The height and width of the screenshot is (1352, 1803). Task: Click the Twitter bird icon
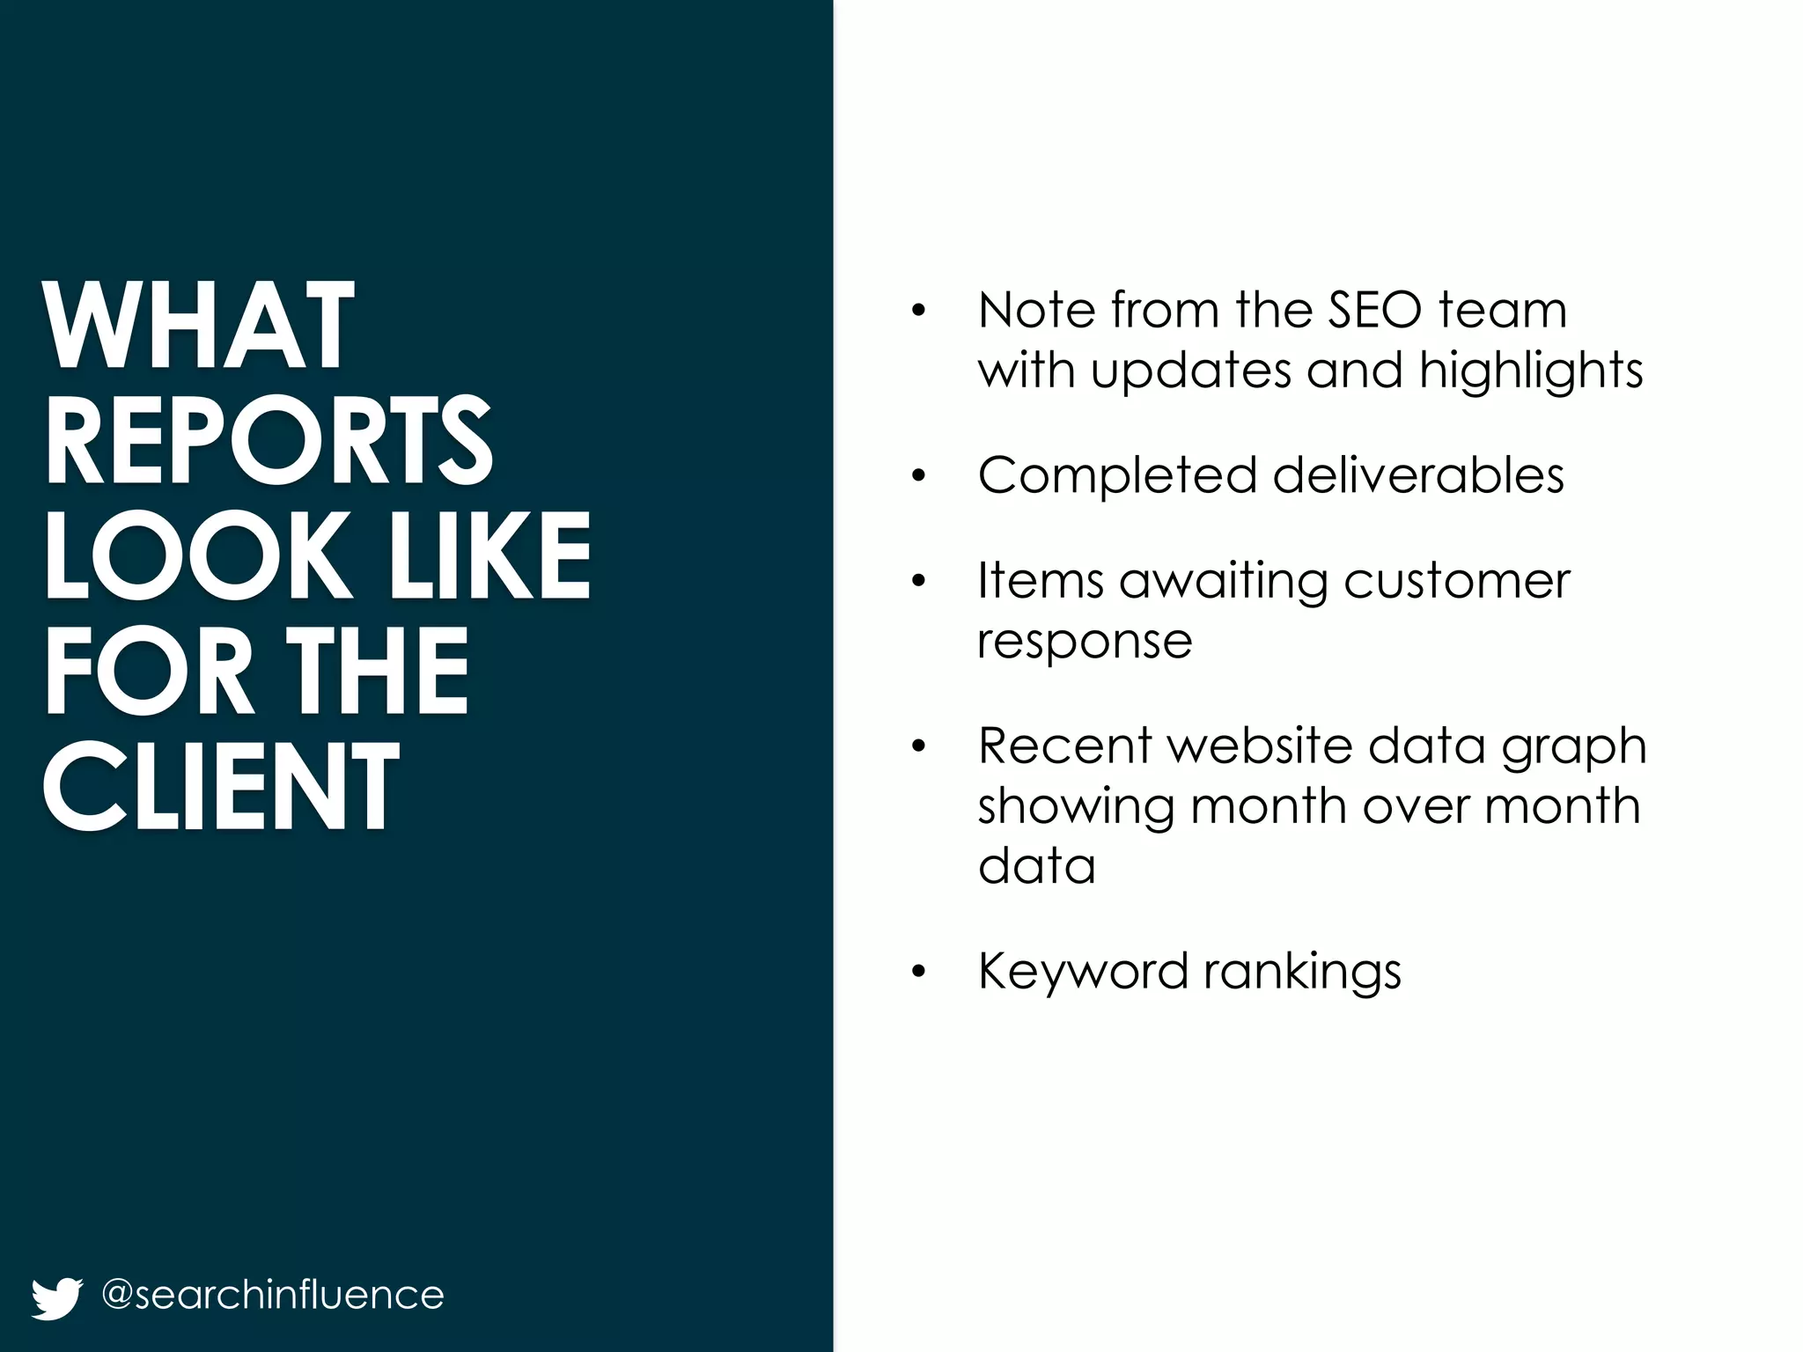(56, 1297)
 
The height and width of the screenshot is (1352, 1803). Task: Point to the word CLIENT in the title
(220, 786)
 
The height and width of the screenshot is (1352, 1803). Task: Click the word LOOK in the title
(197, 556)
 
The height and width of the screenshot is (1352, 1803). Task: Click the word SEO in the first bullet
(1374, 310)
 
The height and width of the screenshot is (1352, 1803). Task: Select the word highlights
(1531, 371)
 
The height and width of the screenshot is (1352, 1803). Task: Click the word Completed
(1117, 476)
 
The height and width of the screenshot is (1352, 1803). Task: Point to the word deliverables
(1418, 476)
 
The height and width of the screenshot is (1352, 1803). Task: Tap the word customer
(1457, 582)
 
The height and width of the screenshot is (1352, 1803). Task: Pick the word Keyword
(1083, 972)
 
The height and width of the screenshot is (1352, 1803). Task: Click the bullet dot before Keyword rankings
(919, 973)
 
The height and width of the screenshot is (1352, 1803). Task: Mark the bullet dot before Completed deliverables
(919, 477)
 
